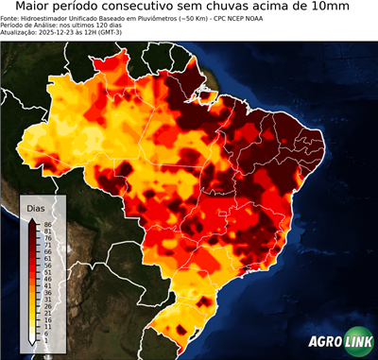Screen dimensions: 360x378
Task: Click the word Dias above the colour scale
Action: [x=35, y=207]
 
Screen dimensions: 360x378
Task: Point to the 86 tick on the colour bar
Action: [x=46, y=223]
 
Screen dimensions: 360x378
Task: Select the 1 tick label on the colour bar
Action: [x=45, y=340]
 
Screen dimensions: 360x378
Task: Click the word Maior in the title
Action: [x=36, y=8]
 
